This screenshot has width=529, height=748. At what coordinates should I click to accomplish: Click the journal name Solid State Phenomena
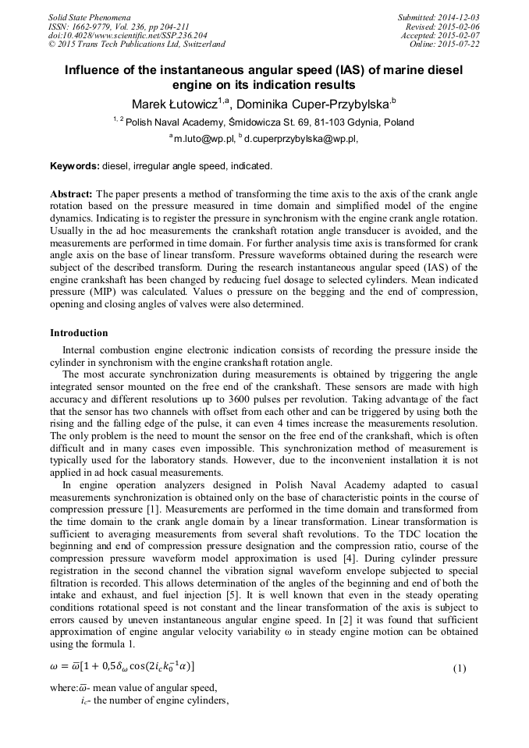[x=89, y=16]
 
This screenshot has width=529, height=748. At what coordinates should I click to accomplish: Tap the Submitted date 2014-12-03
[x=458, y=16]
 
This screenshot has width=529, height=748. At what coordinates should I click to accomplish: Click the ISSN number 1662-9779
[x=96, y=26]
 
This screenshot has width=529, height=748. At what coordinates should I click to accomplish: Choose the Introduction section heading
[x=79, y=333]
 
